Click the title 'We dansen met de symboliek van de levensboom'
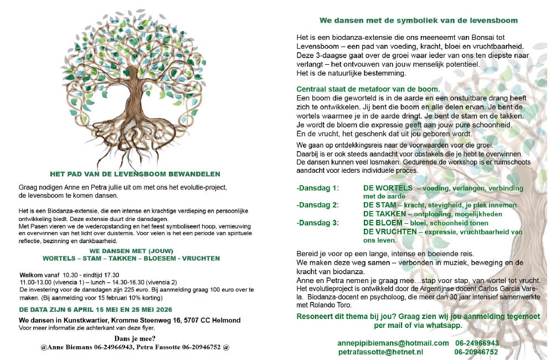[x=419, y=20]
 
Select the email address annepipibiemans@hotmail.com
[x=393, y=343]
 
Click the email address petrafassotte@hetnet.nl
[x=380, y=352]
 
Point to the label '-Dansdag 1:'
[x=317, y=188]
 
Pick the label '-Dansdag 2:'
[x=317, y=205]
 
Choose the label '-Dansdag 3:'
[x=317, y=223]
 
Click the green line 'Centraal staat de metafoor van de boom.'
[x=368, y=89]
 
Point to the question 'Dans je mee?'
[x=135, y=338]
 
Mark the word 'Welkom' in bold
[x=32, y=275]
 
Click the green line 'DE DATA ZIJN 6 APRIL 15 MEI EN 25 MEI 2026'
[x=102, y=309]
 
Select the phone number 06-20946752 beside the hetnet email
[x=476, y=352]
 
